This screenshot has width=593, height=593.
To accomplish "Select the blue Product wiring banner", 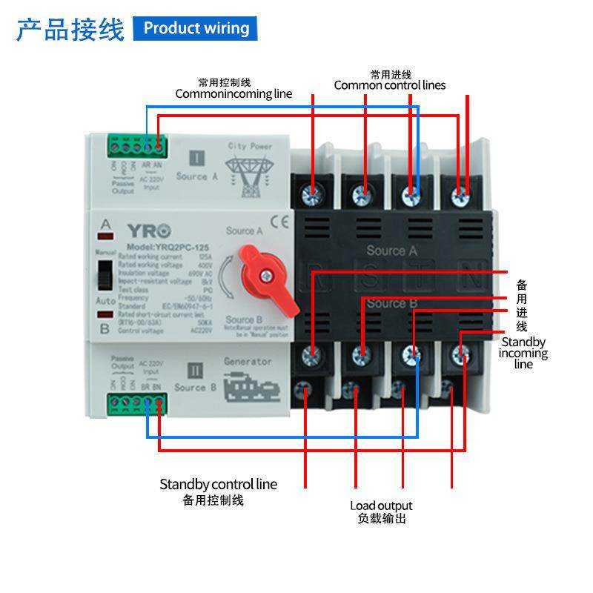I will (x=196, y=28).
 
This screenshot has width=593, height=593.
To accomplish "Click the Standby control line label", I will (x=218, y=484).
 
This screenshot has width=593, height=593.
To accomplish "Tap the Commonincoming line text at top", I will (x=233, y=93).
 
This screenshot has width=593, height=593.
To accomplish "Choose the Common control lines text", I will (x=390, y=85).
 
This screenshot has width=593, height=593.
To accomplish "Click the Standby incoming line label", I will (x=523, y=352).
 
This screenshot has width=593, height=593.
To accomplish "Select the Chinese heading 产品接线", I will (x=70, y=30).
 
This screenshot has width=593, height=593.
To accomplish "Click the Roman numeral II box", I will (x=196, y=369).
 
